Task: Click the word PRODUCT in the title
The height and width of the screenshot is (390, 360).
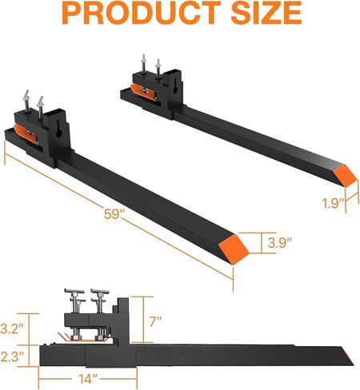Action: pyautogui.click(x=142, y=12)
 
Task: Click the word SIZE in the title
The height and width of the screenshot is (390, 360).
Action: pyautogui.click(x=266, y=12)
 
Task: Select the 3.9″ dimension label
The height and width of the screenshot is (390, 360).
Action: pyautogui.click(x=279, y=243)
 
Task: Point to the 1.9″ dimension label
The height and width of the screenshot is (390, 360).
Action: pyautogui.click(x=334, y=204)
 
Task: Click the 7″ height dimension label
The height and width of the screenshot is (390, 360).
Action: pyautogui.click(x=155, y=321)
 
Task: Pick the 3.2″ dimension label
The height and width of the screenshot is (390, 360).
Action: pyautogui.click(x=13, y=328)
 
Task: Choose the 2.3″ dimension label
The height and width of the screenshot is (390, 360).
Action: pyautogui.click(x=13, y=356)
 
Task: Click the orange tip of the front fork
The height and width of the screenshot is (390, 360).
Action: pyautogui.click(x=234, y=249)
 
